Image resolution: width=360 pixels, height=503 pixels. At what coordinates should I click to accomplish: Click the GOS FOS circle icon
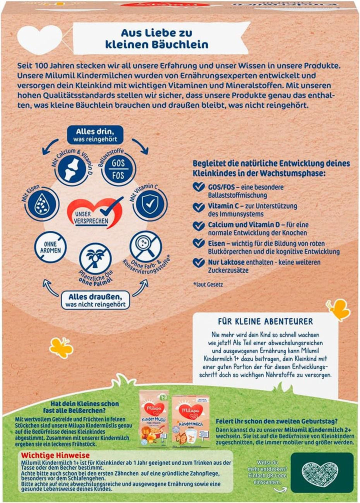[x=115, y=170]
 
